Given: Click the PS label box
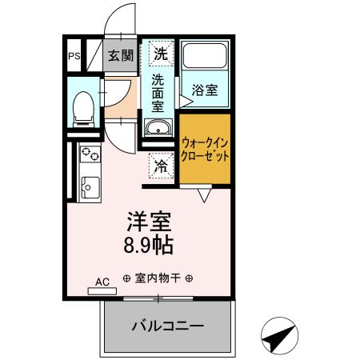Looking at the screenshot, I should [x=74, y=56].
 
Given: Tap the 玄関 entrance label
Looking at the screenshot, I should [x=121, y=55].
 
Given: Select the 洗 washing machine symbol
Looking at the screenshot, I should [x=161, y=54].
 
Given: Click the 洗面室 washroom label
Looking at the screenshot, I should [x=160, y=91].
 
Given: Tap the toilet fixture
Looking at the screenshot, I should [x=82, y=107].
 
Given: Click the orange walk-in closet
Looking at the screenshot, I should [x=205, y=150].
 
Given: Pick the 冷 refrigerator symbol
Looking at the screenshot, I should [x=161, y=166].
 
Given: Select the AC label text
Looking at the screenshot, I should [x=102, y=282].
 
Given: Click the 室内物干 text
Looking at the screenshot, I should [x=158, y=279].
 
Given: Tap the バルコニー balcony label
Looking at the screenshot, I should [x=167, y=326].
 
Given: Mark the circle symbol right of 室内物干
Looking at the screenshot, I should [x=190, y=279].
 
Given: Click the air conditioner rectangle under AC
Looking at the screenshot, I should [x=102, y=291].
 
